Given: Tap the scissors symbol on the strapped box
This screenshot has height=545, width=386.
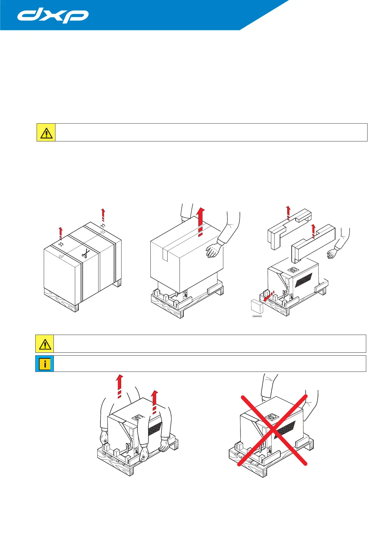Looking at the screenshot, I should [x=85, y=254].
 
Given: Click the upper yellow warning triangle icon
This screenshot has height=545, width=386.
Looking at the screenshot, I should [x=46, y=132].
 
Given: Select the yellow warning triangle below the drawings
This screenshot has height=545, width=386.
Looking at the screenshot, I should [x=45, y=344].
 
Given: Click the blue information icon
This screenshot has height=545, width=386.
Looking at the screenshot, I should [x=45, y=364].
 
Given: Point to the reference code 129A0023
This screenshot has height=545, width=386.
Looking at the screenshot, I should [x=257, y=316].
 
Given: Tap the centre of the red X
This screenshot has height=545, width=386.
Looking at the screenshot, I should [x=273, y=430].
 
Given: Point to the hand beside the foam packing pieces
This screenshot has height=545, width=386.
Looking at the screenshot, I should [x=332, y=253].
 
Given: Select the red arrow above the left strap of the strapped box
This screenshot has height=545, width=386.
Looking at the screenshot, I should [x=60, y=233].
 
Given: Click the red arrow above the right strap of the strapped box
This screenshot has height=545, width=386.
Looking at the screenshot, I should [x=103, y=215].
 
